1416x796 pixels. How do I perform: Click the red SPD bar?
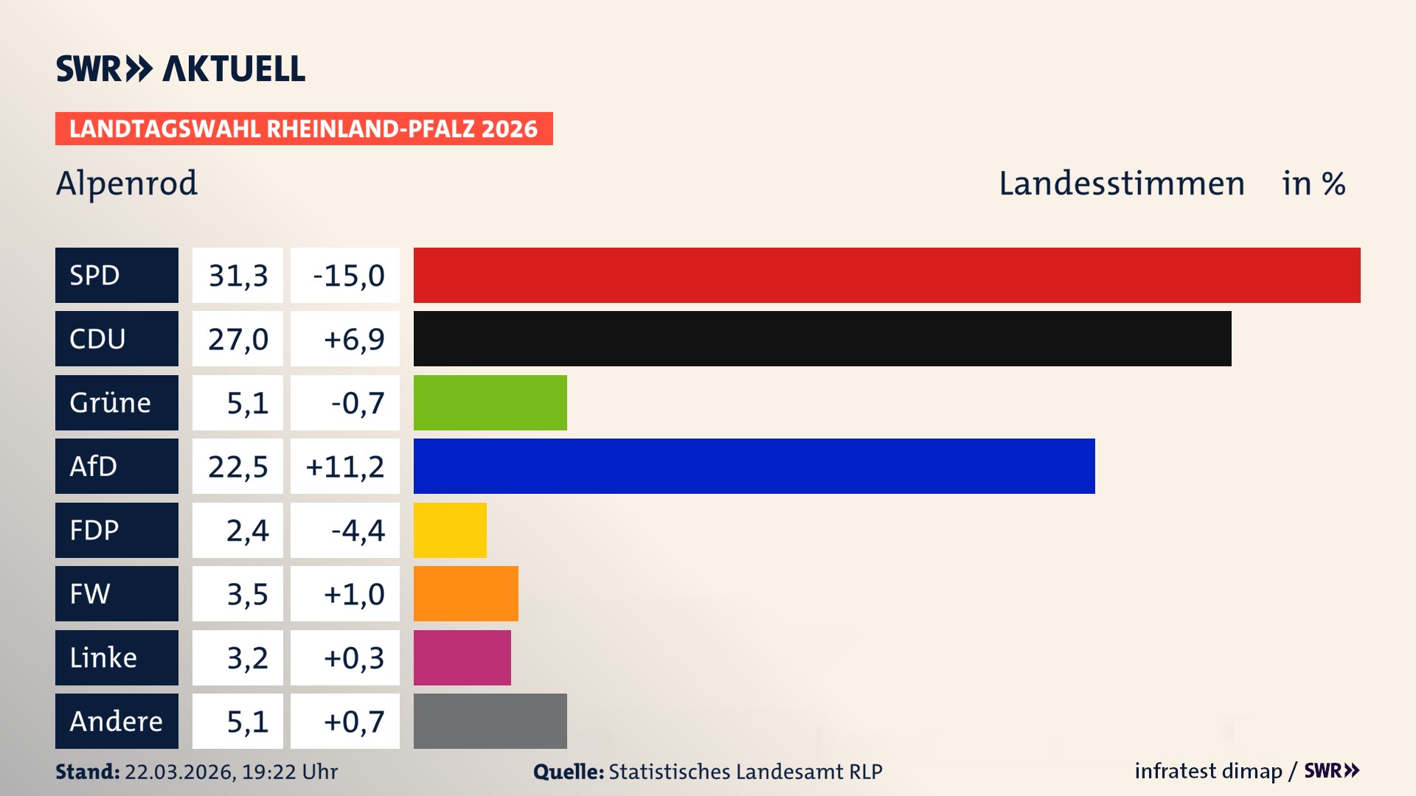coord(886,275)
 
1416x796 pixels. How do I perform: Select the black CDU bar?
coord(822,338)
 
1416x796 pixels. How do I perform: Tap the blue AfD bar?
coord(754,466)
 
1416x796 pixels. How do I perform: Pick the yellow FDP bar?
coord(450,530)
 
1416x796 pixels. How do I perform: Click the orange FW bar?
coord(465,593)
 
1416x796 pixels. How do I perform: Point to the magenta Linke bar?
coord(462,657)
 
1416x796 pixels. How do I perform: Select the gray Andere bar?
coord(490,721)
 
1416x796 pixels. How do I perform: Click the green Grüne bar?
coord(490,402)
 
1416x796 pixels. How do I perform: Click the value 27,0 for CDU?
coord(237,339)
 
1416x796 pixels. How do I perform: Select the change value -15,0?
coord(348,276)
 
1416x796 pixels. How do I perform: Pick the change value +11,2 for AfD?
coord(344,467)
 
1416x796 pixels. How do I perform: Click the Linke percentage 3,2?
coord(247,657)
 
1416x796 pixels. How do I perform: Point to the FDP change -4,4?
coord(358,530)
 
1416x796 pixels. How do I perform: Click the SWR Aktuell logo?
coord(181,69)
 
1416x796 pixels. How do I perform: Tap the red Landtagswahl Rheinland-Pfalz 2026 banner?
coord(304,129)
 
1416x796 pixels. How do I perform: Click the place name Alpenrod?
coord(127,183)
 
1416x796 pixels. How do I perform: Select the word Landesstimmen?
coord(1121,184)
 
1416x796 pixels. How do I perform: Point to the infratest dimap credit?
coord(1208,771)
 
